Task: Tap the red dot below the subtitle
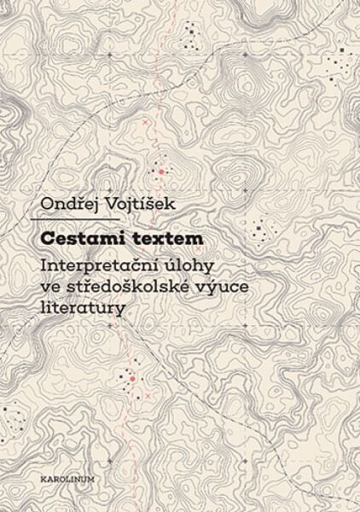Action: click(x=133, y=377)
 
